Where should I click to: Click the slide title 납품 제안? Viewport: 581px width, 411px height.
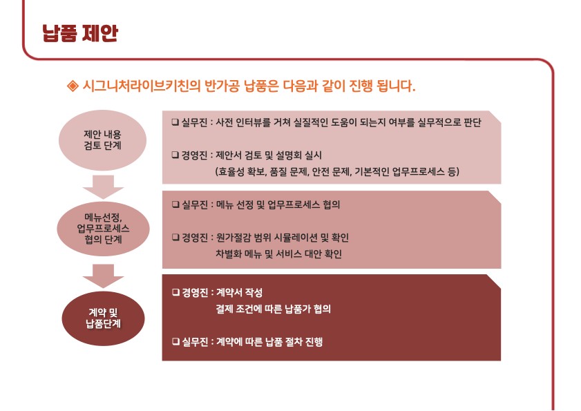[80, 33]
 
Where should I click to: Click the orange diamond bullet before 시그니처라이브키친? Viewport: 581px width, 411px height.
[73, 86]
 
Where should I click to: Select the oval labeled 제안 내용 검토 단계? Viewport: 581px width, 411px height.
[103, 140]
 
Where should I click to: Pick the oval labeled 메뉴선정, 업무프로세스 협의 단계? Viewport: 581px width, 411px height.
[103, 229]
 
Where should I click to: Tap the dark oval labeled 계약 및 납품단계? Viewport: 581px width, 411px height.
[103, 318]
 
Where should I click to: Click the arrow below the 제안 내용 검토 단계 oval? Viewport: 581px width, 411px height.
[103, 187]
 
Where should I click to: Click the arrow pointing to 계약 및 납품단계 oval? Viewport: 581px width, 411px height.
[103, 276]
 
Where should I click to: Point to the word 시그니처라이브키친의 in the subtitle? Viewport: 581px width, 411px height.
[141, 86]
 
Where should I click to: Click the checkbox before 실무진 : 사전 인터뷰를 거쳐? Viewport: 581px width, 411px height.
[175, 122]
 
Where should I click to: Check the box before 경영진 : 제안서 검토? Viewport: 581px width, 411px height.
[175, 155]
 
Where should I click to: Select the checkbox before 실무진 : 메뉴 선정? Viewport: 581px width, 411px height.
[175, 204]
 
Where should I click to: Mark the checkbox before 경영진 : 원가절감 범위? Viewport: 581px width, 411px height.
[175, 238]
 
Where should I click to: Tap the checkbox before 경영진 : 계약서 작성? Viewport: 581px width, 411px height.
[175, 293]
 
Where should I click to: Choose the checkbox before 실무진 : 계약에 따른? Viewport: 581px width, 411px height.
[175, 342]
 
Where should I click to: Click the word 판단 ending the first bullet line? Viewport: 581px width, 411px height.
[473, 122]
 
